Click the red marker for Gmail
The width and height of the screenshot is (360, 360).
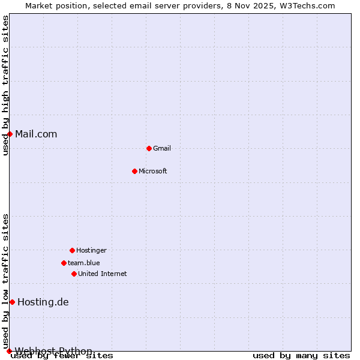[x=149, y=148]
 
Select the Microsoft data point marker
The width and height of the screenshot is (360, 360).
[x=134, y=171]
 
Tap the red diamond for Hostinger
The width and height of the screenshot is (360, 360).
[x=72, y=250]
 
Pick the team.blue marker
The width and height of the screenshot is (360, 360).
[x=64, y=263]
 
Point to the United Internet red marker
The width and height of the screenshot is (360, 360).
[x=74, y=274]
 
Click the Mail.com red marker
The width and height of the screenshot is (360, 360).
[x=10, y=134]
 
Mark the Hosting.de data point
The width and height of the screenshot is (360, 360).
[x=12, y=302]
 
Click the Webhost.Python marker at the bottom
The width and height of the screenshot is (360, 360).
[x=9, y=351]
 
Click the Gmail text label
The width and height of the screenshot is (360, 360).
[x=162, y=148]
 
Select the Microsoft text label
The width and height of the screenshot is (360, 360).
[x=153, y=171]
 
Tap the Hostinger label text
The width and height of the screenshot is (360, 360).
[x=91, y=250]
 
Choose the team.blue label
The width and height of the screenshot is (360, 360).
[x=84, y=263]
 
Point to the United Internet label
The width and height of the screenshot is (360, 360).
[x=103, y=274]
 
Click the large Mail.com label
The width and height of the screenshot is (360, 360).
[x=36, y=134]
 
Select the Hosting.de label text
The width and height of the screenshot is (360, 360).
[x=43, y=302]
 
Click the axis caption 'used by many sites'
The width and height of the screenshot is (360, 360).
[x=301, y=356]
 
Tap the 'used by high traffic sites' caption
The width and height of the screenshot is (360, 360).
[x=5, y=85]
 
